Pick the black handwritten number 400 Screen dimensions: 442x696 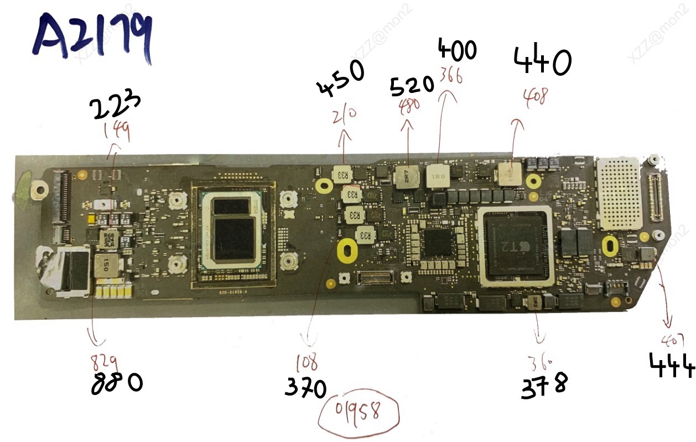457,50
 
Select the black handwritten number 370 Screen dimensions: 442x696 306,388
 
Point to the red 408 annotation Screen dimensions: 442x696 535,96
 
